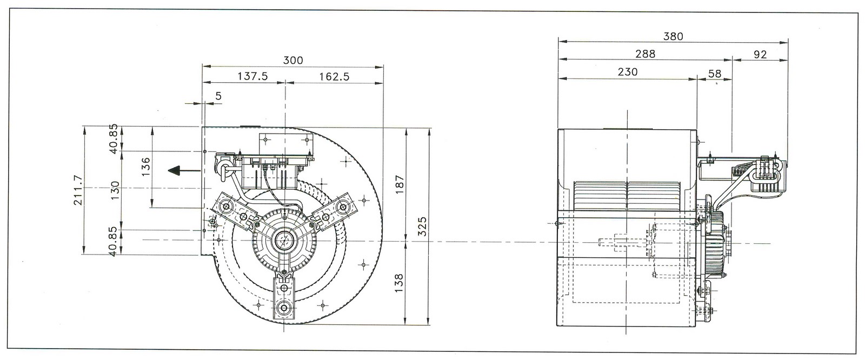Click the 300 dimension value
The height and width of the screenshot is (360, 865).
tap(293, 60)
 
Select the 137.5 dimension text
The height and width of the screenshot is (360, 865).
tap(252, 76)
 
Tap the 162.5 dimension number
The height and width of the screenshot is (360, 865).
tap(334, 76)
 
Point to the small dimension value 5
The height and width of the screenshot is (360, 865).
tap(218, 96)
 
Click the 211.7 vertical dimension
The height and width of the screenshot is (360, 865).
tap(78, 190)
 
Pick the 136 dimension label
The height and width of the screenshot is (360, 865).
tap(146, 166)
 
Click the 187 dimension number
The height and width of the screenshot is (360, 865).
tap(400, 185)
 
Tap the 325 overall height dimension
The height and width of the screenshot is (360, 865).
tap(423, 226)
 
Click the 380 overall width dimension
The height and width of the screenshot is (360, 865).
tap(674, 36)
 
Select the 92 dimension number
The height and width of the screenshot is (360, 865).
tap(760, 55)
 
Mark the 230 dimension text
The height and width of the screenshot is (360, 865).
tap(628, 72)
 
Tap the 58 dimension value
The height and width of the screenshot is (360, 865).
tap(715, 74)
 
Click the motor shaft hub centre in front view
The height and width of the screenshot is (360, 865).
tap(285, 239)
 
